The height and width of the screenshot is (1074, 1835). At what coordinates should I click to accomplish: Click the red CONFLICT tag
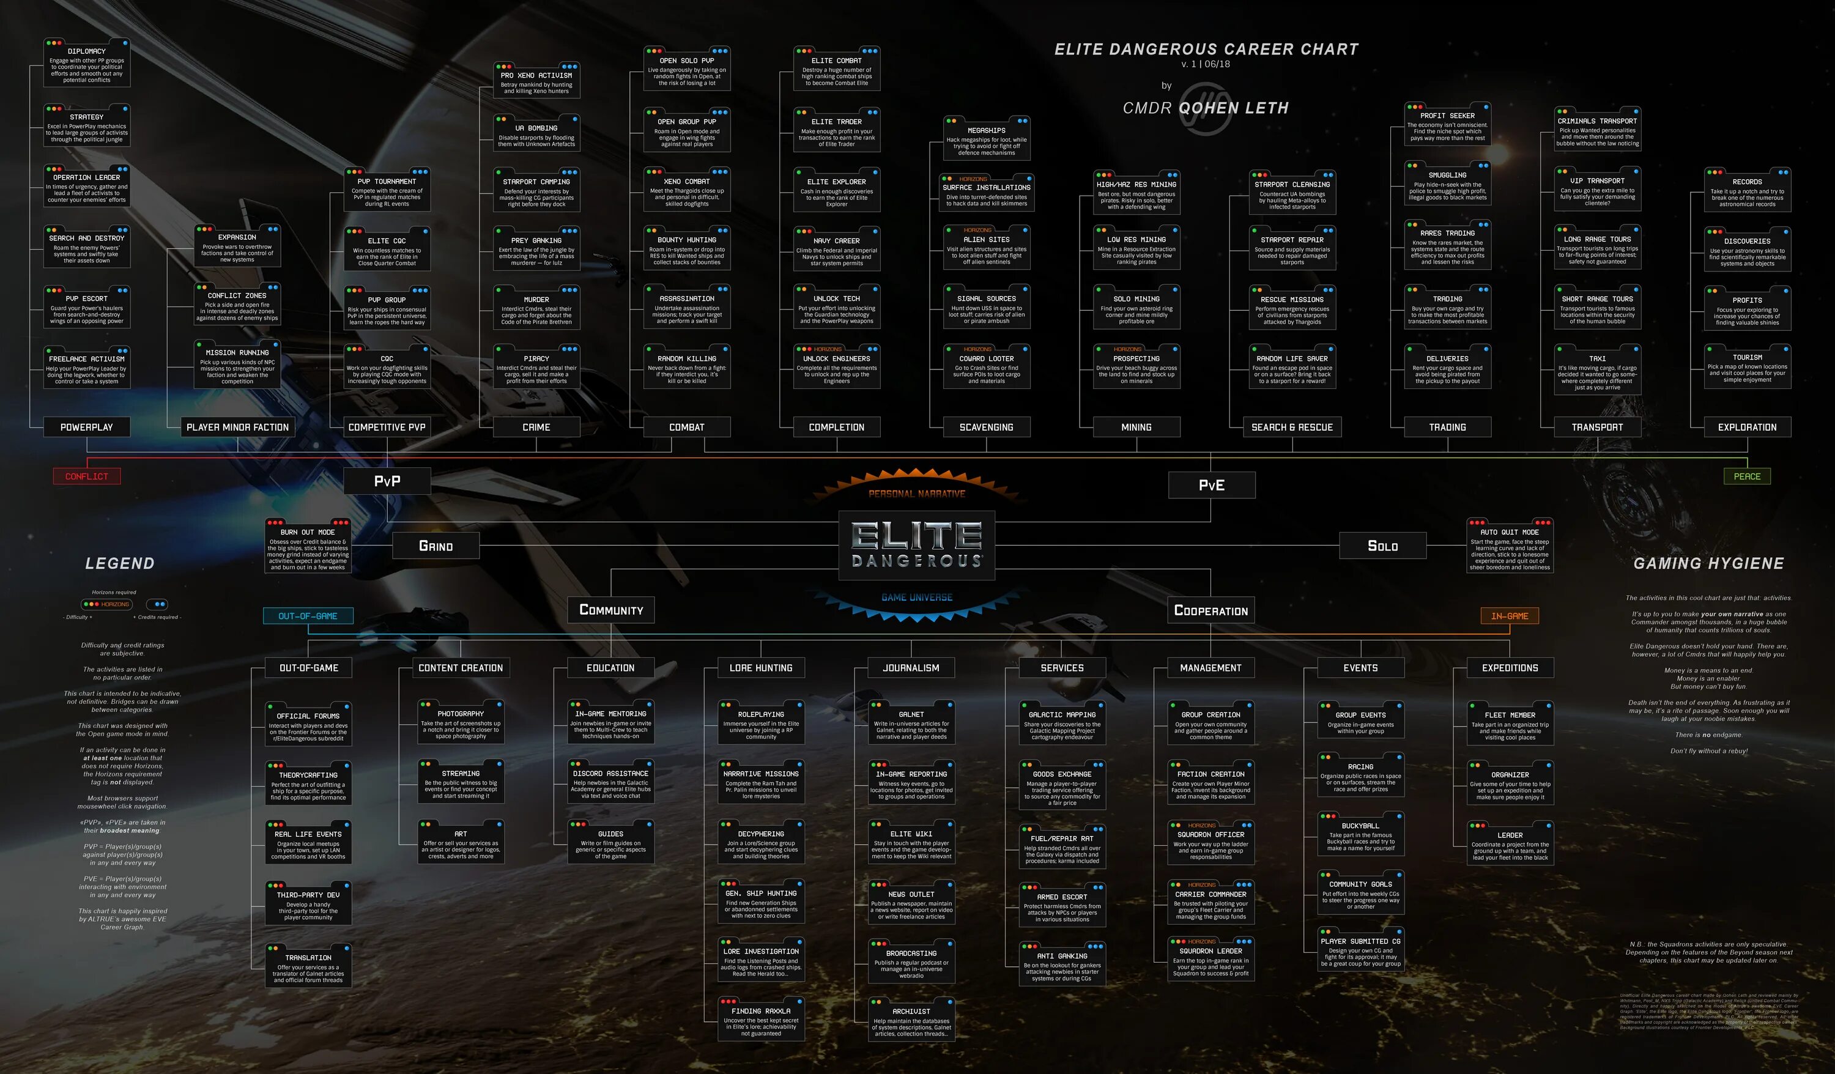click(87, 476)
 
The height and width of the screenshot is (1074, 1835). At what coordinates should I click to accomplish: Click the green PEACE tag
click(1747, 476)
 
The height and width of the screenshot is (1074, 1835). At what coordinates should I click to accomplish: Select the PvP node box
click(387, 481)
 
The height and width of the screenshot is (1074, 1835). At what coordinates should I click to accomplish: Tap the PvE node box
click(1212, 485)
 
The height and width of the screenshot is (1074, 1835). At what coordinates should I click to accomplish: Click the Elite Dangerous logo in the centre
click(917, 545)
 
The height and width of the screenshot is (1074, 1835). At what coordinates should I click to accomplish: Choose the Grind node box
click(436, 546)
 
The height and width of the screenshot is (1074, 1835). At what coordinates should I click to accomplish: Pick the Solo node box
click(1382, 546)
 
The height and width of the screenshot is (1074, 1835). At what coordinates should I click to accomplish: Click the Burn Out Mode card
click(308, 546)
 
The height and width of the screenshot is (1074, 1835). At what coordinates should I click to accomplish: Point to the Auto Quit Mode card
click(1510, 546)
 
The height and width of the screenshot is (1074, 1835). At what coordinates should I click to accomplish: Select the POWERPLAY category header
click(87, 428)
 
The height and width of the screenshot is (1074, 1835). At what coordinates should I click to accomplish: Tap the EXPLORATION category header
click(1747, 428)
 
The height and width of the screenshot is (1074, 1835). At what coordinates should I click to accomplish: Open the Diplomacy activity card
click(87, 64)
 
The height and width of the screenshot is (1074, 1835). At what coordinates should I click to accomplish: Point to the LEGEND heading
click(119, 563)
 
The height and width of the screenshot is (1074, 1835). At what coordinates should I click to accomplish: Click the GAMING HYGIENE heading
click(1708, 563)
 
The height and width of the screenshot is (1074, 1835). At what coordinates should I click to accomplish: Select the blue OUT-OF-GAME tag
click(308, 616)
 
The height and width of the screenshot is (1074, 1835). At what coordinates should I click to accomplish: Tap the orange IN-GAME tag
click(1510, 616)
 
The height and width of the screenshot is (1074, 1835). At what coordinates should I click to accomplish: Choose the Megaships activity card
click(986, 138)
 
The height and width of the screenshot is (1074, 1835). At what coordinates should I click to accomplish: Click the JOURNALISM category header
click(911, 668)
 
